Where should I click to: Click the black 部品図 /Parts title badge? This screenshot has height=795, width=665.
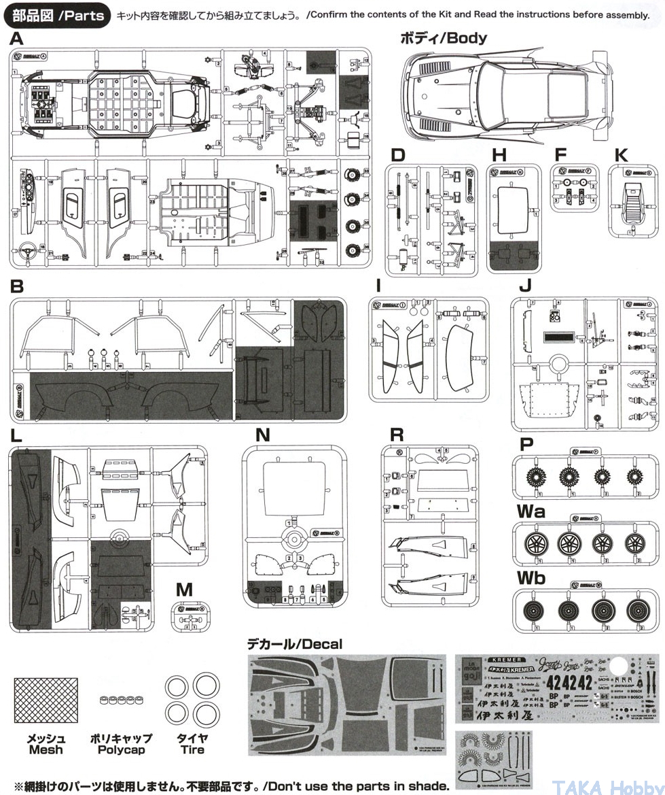[x=58, y=16]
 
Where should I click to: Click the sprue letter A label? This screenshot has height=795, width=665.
[x=16, y=40]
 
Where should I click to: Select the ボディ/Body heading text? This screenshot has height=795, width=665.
[x=443, y=38]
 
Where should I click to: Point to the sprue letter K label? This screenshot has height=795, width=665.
[x=621, y=155]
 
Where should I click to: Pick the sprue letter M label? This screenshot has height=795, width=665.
[x=184, y=590]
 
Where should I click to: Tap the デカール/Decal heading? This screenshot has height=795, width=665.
[x=294, y=643]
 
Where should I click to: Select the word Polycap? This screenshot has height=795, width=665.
[x=121, y=749]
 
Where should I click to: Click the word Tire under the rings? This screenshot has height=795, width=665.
[x=192, y=749]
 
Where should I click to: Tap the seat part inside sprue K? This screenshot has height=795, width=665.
[x=632, y=199]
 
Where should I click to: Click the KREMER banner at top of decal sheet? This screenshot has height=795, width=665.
[x=505, y=660]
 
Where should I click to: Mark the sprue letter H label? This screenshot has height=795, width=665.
[x=499, y=155]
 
